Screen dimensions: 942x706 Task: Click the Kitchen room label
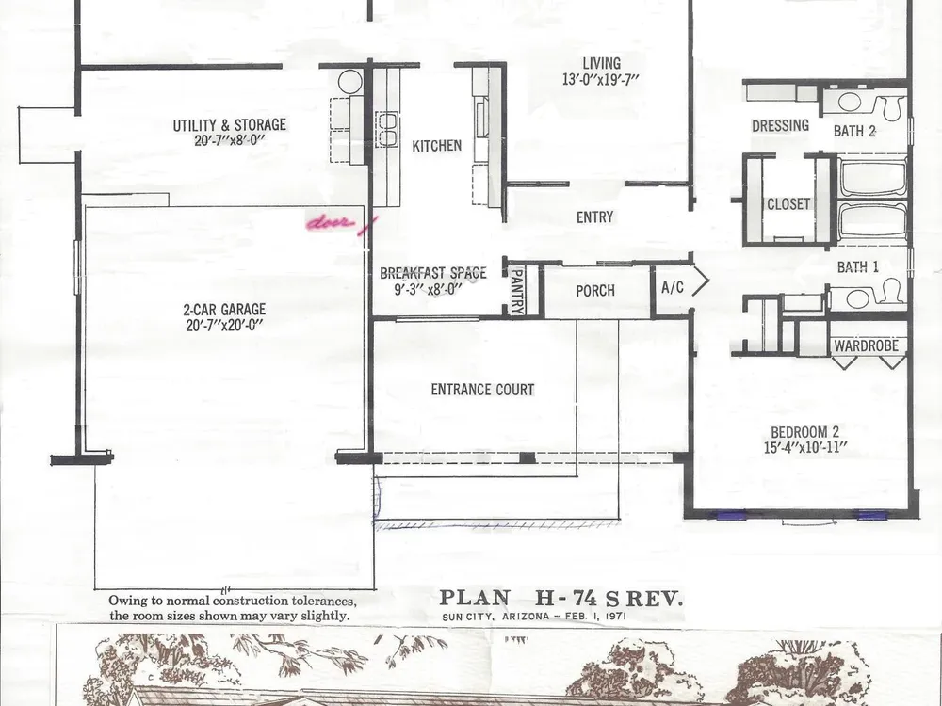pos(437,146)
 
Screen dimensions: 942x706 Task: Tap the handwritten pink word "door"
pos(330,223)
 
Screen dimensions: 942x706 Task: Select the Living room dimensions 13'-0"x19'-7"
pos(601,79)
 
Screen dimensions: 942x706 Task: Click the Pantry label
pos(516,292)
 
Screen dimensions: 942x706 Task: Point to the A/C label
pos(673,287)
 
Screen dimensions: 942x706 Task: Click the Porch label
pos(595,291)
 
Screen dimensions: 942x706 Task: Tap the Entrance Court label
pos(482,390)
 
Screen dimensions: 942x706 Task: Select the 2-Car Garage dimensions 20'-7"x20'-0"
pos(225,326)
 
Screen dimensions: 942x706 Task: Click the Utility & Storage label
pos(230,125)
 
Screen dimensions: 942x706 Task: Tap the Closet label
pos(788,204)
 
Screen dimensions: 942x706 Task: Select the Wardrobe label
pos(867,345)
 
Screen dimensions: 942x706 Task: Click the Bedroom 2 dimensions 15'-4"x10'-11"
pos(805,448)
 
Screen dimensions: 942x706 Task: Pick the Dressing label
pos(780,126)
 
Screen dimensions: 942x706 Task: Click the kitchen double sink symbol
pos(386,130)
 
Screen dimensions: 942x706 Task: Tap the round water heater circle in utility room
pos(349,81)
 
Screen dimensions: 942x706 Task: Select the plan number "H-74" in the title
pos(566,598)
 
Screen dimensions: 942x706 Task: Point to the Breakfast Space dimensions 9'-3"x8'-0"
pos(428,289)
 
